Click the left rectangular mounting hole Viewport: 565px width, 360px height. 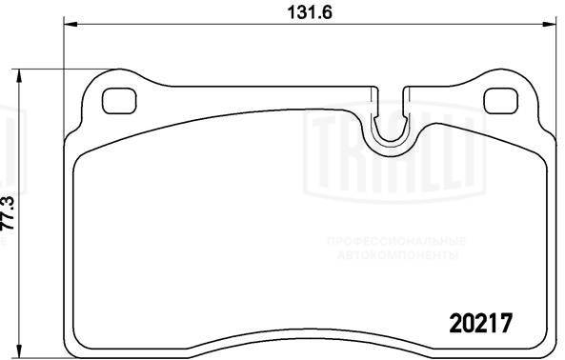click(x=118, y=99)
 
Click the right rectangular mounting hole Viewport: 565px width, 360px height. click(x=499, y=99)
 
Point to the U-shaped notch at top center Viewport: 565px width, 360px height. click(x=388, y=122)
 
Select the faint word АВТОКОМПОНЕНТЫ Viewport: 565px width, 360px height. click(x=393, y=256)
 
